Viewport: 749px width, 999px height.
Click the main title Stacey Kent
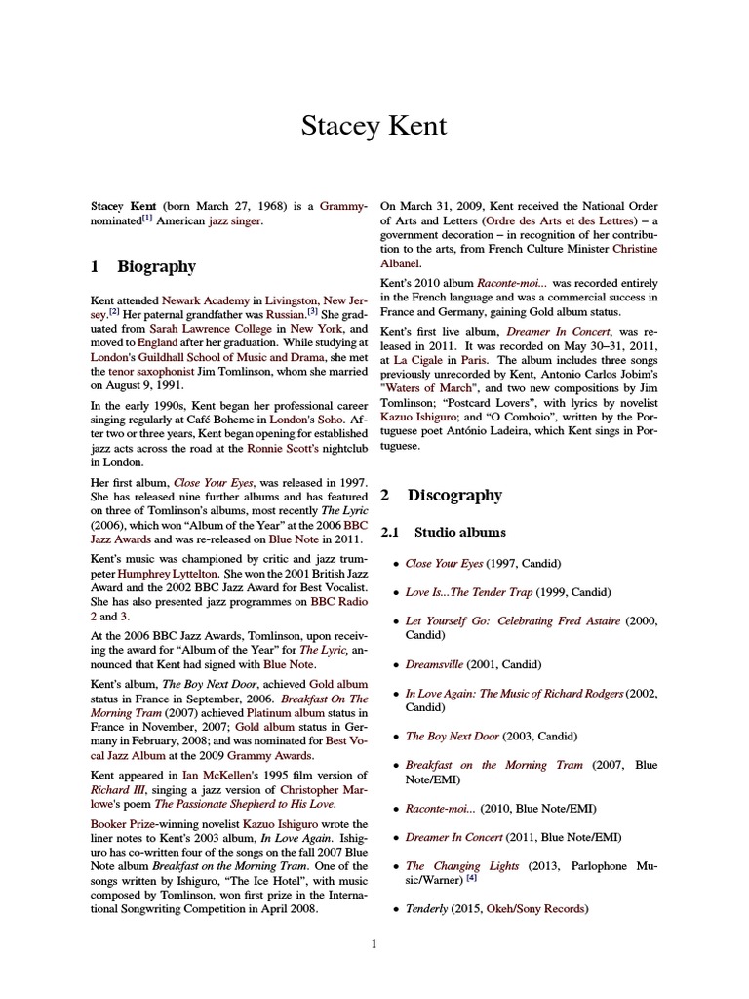tap(374, 126)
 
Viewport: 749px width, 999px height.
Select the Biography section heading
tap(156, 266)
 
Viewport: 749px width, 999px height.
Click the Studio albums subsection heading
tap(459, 532)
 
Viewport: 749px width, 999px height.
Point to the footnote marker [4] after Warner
tap(471, 879)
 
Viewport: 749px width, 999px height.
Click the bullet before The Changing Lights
tap(394, 866)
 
